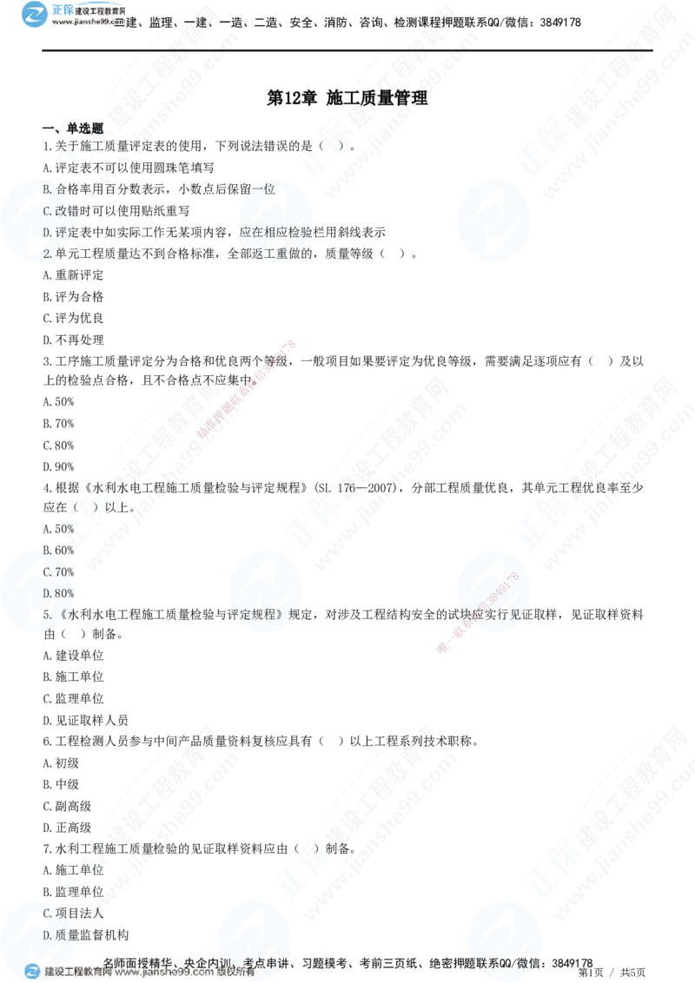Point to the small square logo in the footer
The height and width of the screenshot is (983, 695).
[32, 972]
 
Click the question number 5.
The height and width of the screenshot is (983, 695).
[47, 614]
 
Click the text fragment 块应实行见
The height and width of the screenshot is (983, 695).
[482, 614]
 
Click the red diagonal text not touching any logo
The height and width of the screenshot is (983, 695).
[248, 389]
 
